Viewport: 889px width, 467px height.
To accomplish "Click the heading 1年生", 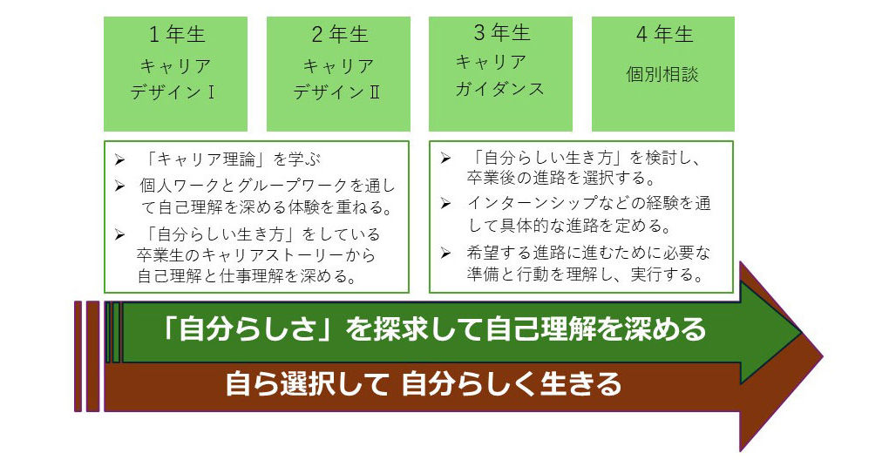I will coord(176,36).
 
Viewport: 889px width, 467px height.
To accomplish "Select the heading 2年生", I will coord(339,36).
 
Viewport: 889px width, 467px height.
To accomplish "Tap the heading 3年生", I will coord(501,34).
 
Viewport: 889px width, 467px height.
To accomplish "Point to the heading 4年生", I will coord(664,36).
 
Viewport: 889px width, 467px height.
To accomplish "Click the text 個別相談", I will coord(662,74).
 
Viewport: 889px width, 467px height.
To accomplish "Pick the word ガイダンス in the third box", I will coord(500,88).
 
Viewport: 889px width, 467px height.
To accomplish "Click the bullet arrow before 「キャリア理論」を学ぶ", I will coord(119,161).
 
